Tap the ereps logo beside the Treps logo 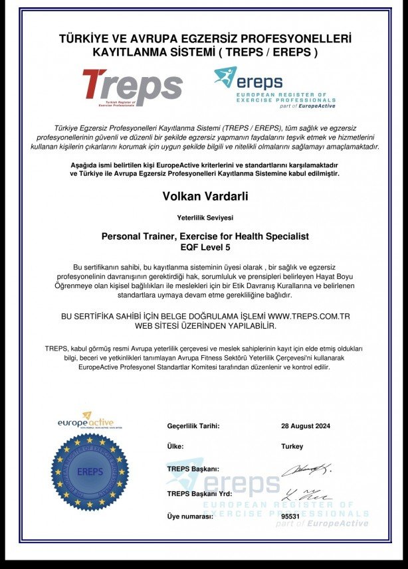(x=274, y=87)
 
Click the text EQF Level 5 (x=205, y=247)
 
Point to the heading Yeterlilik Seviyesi (x=205, y=217)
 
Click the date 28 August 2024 (x=306, y=426)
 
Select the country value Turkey (x=292, y=447)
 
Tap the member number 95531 (x=291, y=516)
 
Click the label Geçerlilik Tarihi (x=193, y=426)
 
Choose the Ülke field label (x=175, y=447)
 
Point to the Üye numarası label (x=190, y=516)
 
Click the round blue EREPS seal (x=90, y=473)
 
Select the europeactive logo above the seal (x=86, y=421)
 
